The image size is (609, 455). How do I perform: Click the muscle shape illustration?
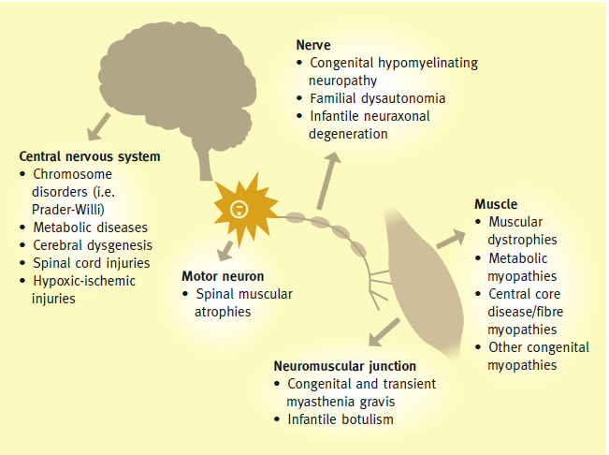[x=424, y=280]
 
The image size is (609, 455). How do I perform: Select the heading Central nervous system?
[x=90, y=156]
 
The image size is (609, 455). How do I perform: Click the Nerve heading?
[x=313, y=45]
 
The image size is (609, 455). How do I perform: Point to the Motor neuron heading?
[x=223, y=276]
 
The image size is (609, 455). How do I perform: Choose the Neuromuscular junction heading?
[x=345, y=366]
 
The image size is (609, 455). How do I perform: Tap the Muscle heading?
[x=496, y=204]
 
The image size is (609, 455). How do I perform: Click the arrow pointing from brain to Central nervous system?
[x=98, y=126]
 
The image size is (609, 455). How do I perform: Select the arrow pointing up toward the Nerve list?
[x=327, y=181]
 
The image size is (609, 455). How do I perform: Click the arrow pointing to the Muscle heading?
[x=451, y=239]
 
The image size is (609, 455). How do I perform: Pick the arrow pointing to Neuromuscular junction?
[x=384, y=331]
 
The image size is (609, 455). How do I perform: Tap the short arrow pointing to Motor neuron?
[x=225, y=251]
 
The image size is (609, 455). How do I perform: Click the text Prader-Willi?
[x=68, y=210]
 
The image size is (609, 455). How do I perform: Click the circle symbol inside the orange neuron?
[x=239, y=209]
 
